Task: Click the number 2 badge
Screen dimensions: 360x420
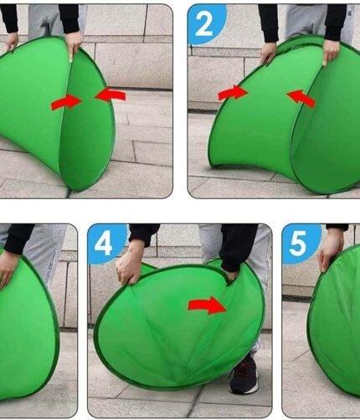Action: pos(207,24)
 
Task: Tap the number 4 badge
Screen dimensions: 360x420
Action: pos(106,243)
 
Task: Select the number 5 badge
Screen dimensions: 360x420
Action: pos(301,243)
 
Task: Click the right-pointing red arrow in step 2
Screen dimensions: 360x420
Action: pos(233,92)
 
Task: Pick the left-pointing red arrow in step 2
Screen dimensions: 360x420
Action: pos(301,98)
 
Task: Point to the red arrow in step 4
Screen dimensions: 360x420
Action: pos(207,305)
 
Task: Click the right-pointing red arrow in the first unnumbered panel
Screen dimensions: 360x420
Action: pos(66,101)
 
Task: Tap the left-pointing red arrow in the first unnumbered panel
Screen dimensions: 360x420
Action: pos(111,94)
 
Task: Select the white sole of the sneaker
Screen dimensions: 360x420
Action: pos(242,389)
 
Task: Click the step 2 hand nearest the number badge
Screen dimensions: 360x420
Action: pos(270,54)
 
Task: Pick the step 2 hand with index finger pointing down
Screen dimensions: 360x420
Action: pos(331,52)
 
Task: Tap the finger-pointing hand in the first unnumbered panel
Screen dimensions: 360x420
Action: pos(74,45)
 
